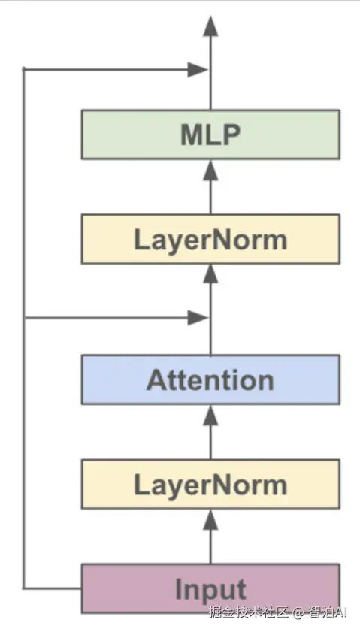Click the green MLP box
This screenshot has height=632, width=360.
point(210,135)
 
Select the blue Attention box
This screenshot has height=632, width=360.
point(210,380)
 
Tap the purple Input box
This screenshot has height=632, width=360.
point(210,588)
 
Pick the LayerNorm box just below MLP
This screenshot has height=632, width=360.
point(210,240)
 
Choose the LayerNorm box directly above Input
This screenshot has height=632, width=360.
point(210,484)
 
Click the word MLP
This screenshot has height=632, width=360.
point(210,135)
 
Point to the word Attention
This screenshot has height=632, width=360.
point(210,380)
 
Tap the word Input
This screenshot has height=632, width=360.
point(210,590)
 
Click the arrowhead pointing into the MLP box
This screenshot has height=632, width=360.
point(210,170)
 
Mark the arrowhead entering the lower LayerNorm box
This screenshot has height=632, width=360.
point(210,519)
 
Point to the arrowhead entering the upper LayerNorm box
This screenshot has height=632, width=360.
point(210,274)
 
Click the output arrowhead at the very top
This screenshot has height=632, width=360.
point(210,26)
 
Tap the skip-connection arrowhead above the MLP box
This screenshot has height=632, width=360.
point(198,70)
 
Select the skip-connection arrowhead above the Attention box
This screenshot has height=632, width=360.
point(198,318)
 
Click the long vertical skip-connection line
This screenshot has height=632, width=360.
point(24,329)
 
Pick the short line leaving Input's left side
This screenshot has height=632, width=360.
point(53,588)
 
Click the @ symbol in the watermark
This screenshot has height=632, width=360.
point(298,613)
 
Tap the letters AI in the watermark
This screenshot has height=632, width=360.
point(340,612)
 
